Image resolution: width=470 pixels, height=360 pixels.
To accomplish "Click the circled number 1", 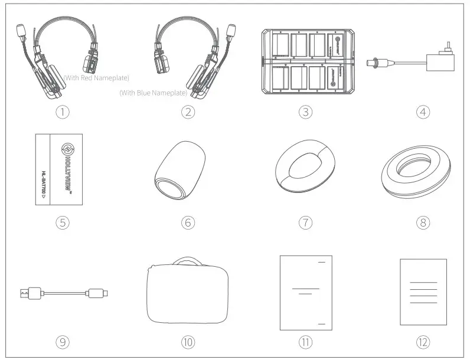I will (65, 112).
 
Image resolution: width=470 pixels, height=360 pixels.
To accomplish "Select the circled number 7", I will (305, 222).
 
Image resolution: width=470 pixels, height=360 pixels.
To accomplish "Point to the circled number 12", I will (422, 341).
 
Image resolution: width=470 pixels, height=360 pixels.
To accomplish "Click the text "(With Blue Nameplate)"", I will (153, 93).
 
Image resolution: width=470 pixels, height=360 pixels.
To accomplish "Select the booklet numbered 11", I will (305, 292).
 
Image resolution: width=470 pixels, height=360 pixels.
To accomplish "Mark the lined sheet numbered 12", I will (423, 292).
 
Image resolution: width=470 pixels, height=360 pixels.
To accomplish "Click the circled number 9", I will (65, 341).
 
